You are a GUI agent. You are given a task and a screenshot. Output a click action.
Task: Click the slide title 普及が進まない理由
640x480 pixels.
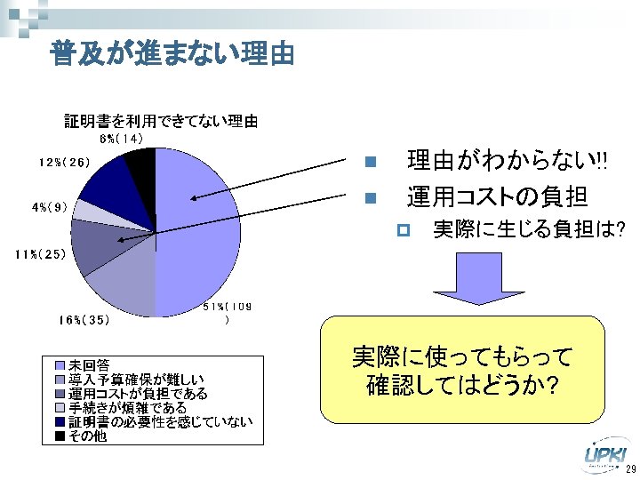pyautogui.click(x=172, y=54)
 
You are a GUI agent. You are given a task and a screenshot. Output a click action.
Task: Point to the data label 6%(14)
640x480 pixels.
pyautogui.click(x=121, y=139)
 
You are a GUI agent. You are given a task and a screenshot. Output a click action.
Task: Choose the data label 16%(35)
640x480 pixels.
pyautogui.click(x=84, y=318)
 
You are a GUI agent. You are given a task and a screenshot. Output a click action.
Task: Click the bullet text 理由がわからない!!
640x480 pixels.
pyautogui.click(x=507, y=162)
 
